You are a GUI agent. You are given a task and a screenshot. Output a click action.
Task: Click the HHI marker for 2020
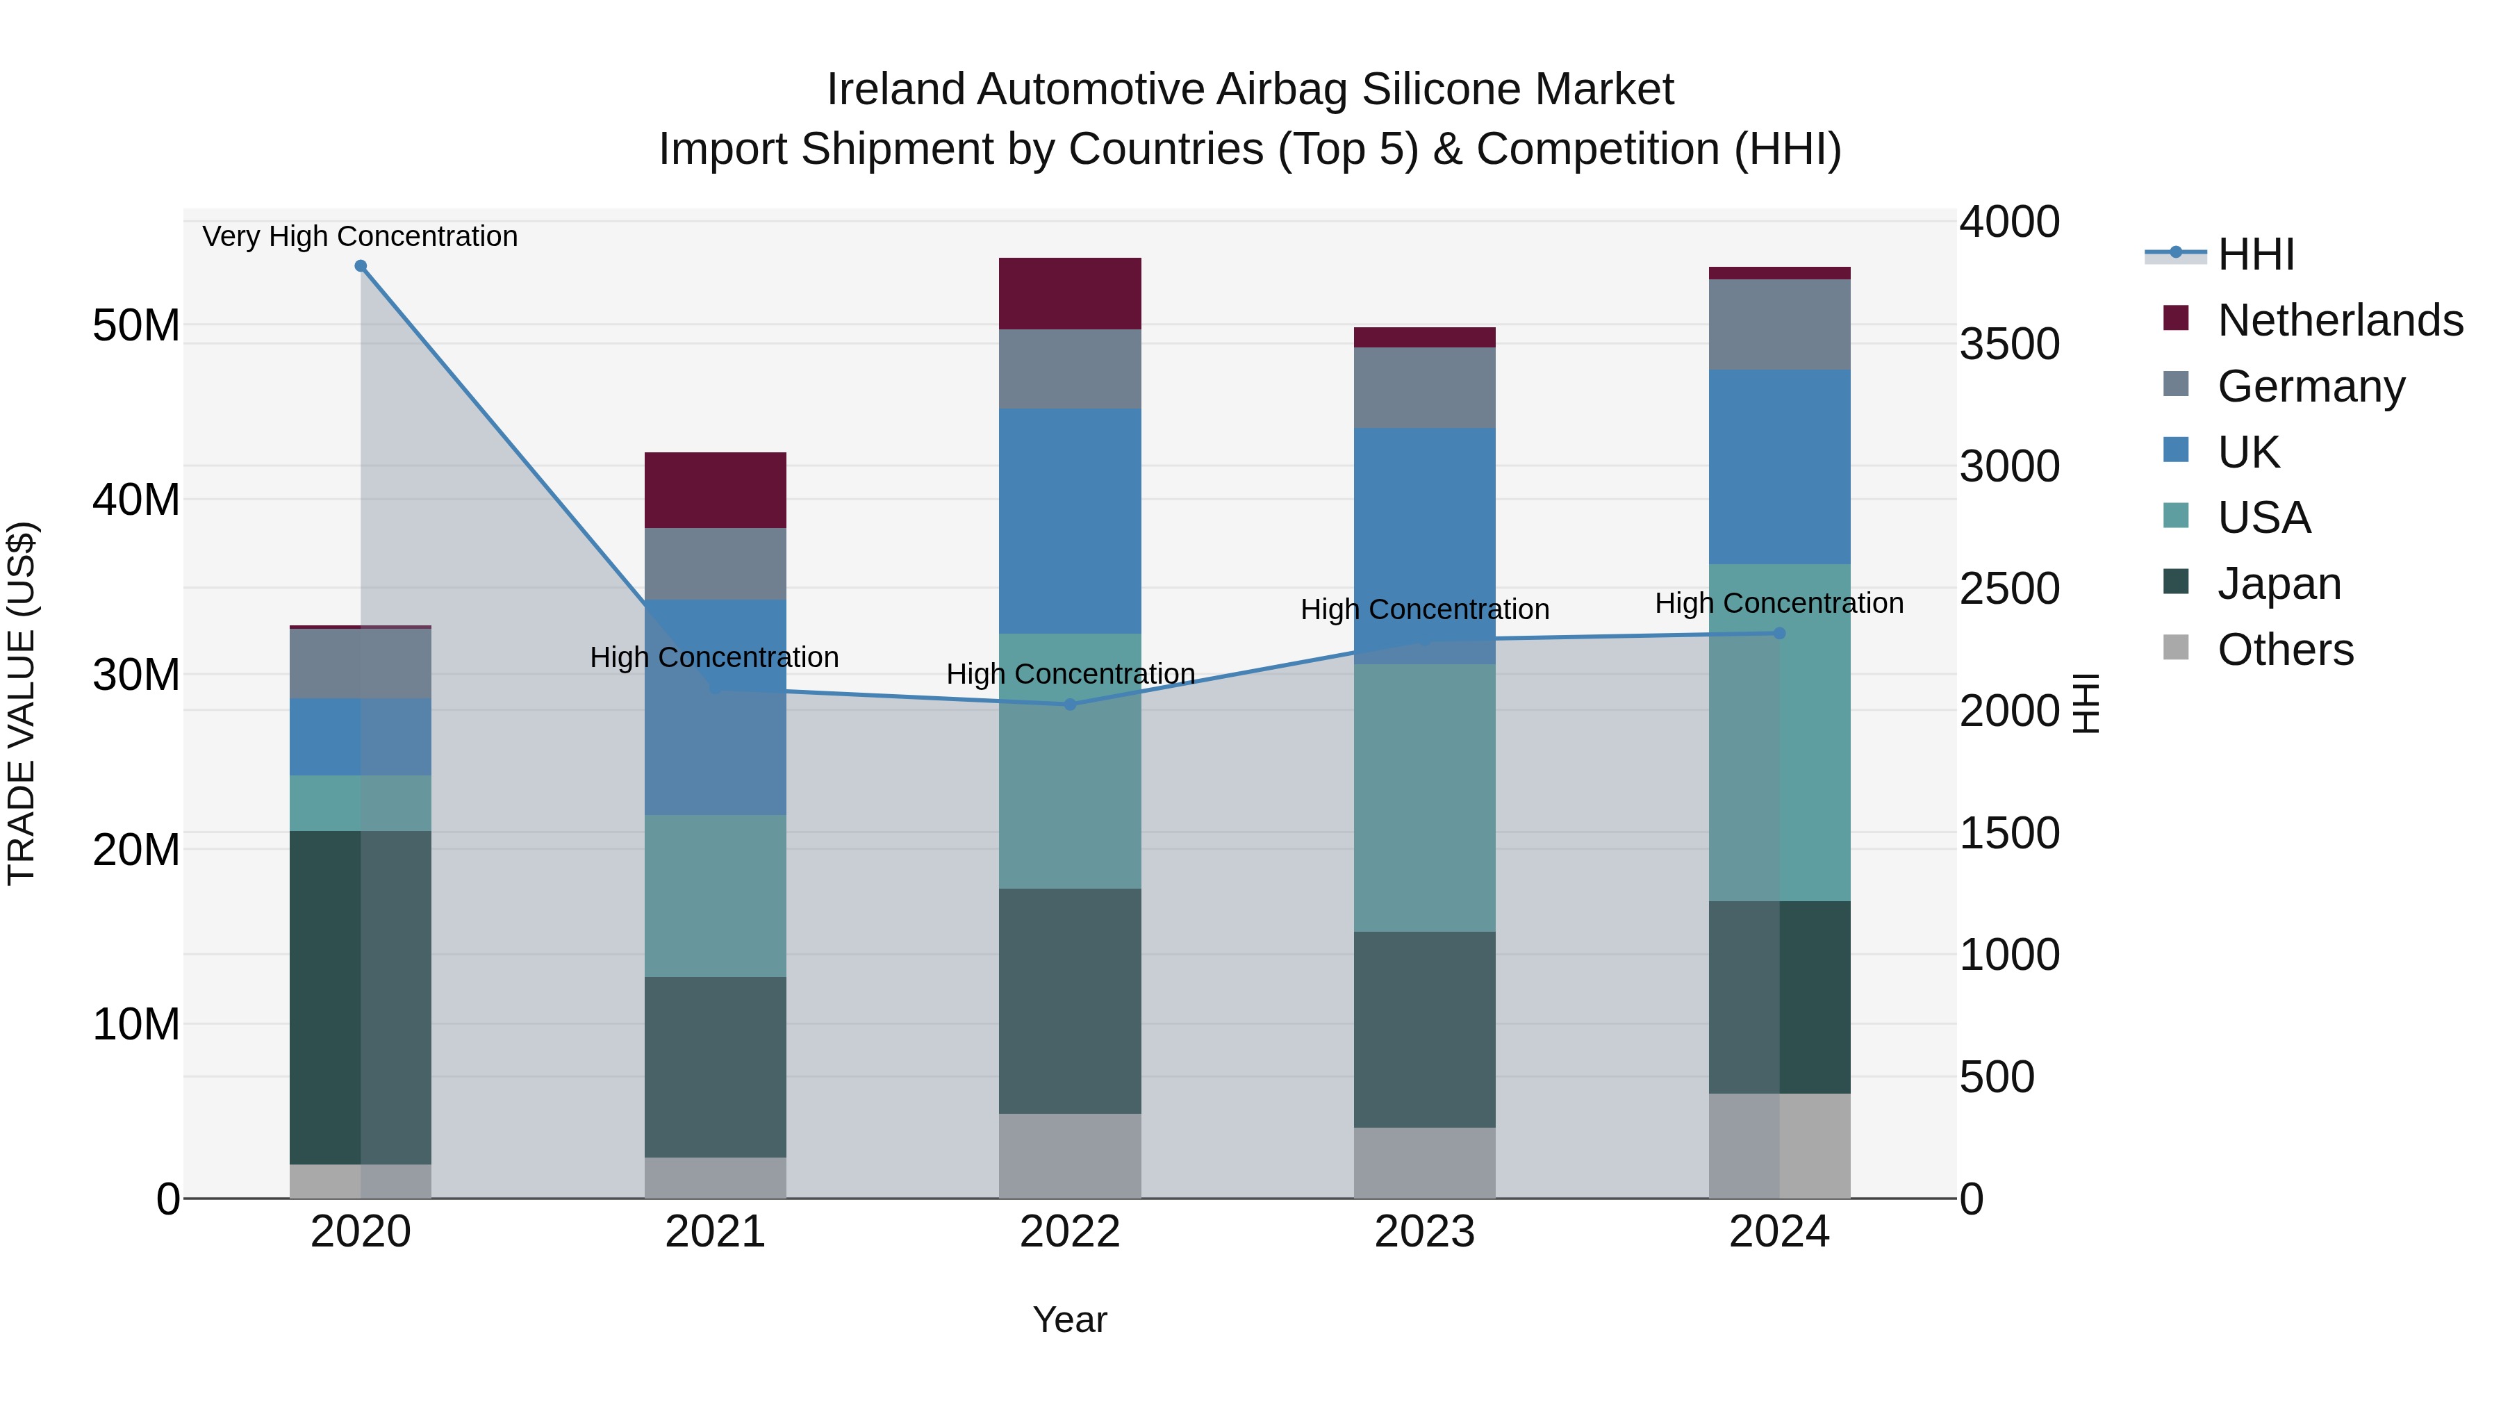(x=360, y=266)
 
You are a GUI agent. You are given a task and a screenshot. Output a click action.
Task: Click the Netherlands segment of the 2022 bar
(x=1070, y=293)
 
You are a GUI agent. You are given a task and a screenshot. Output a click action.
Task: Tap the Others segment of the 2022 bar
(x=1070, y=1155)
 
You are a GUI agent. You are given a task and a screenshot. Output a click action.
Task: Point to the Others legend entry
(x=2284, y=650)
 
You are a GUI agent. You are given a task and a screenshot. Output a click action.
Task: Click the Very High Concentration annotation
(x=360, y=236)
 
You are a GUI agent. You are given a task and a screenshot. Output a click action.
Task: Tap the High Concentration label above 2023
(x=1424, y=610)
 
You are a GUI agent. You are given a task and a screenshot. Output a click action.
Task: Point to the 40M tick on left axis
(x=136, y=500)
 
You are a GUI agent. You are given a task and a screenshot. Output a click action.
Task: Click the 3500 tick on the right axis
(x=2008, y=344)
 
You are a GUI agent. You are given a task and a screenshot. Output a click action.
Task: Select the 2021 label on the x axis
(x=716, y=1232)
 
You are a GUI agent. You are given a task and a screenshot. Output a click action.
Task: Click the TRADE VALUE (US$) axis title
(x=22, y=703)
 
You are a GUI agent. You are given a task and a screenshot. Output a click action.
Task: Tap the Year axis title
(x=1070, y=1319)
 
